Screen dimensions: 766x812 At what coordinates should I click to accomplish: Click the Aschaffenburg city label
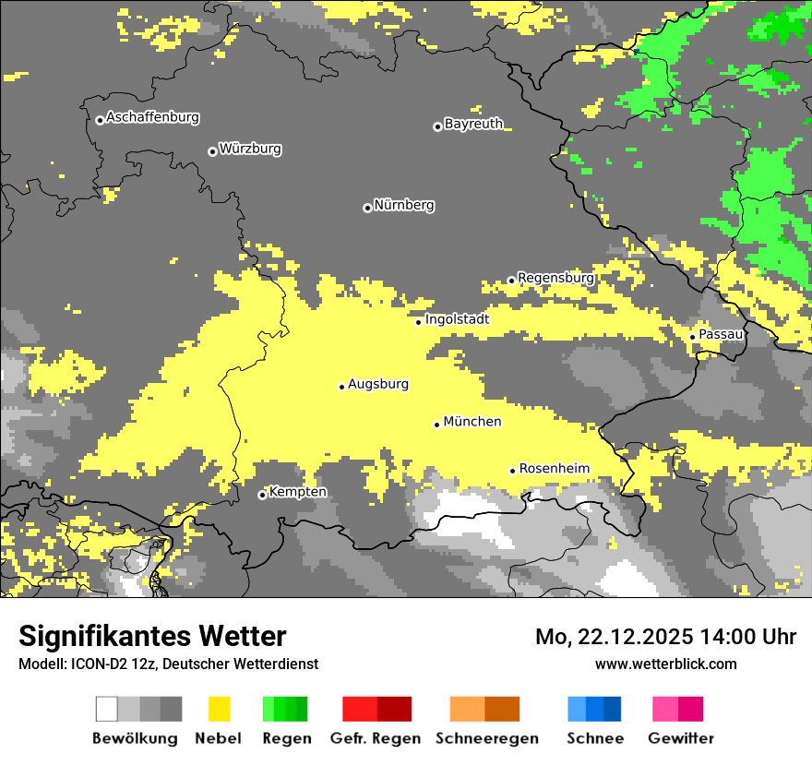(152, 117)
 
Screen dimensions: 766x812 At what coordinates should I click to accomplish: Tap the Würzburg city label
(250, 149)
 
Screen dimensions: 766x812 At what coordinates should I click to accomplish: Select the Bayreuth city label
(473, 124)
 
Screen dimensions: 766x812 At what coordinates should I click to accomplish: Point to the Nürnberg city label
(404, 205)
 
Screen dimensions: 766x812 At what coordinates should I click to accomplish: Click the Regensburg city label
(555, 277)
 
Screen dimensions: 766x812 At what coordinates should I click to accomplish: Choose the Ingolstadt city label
(457, 319)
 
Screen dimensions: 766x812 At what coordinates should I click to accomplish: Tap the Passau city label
(721, 334)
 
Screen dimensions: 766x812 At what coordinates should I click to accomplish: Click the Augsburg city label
(378, 384)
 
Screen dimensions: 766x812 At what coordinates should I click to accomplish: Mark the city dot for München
(437, 425)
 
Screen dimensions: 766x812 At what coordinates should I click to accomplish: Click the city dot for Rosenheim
(513, 471)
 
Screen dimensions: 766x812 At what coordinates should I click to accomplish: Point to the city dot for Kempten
(262, 496)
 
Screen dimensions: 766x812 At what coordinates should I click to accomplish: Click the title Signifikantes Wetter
(152, 636)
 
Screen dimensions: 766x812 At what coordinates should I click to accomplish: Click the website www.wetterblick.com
(666, 664)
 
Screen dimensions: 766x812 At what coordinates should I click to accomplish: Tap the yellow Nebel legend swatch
(220, 709)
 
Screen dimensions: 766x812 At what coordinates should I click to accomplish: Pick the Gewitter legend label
(680, 738)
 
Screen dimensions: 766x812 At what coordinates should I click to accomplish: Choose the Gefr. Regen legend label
(376, 738)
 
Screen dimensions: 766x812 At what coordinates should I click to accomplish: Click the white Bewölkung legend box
(107, 709)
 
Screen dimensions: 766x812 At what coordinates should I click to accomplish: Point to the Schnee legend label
(594, 738)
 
